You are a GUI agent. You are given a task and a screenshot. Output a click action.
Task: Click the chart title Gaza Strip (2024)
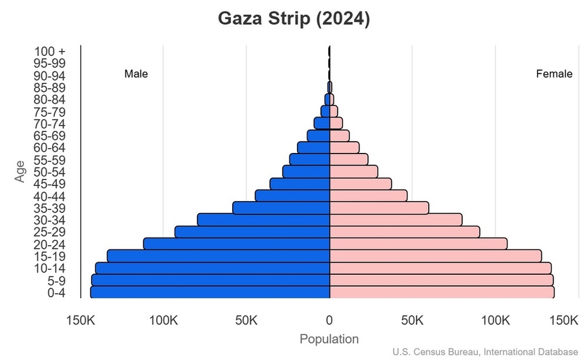point(293,19)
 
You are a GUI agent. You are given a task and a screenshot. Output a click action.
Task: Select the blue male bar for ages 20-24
point(236,244)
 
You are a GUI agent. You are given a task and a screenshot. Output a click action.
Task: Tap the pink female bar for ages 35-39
point(379,208)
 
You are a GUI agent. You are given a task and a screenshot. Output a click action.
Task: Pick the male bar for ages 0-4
point(210,292)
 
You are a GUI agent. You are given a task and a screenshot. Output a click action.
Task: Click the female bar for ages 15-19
point(435,256)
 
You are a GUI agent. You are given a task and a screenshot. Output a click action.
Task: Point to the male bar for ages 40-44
point(292,196)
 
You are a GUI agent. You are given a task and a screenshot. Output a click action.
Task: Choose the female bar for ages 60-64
point(344,148)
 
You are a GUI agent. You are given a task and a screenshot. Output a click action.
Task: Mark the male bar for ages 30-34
point(263,220)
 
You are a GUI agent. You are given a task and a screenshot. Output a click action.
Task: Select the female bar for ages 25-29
point(404,232)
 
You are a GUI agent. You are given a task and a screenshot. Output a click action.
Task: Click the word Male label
point(136,74)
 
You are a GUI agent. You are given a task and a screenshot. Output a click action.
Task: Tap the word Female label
point(554,74)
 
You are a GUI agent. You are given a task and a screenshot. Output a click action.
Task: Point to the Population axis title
point(329,339)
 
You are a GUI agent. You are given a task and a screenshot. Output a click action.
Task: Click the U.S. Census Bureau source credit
point(486,352)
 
